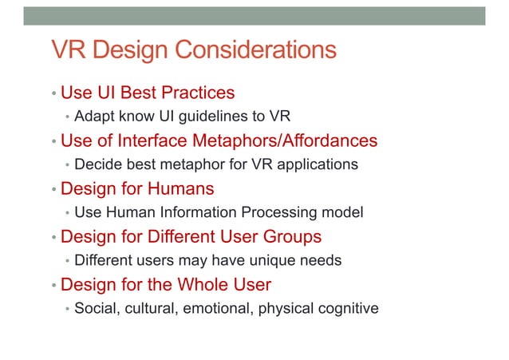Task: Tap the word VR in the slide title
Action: tap(67, 52)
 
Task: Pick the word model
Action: tap(345, 213)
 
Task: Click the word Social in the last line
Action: tap(95, 308)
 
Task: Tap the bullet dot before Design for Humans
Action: tap(53, 191)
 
